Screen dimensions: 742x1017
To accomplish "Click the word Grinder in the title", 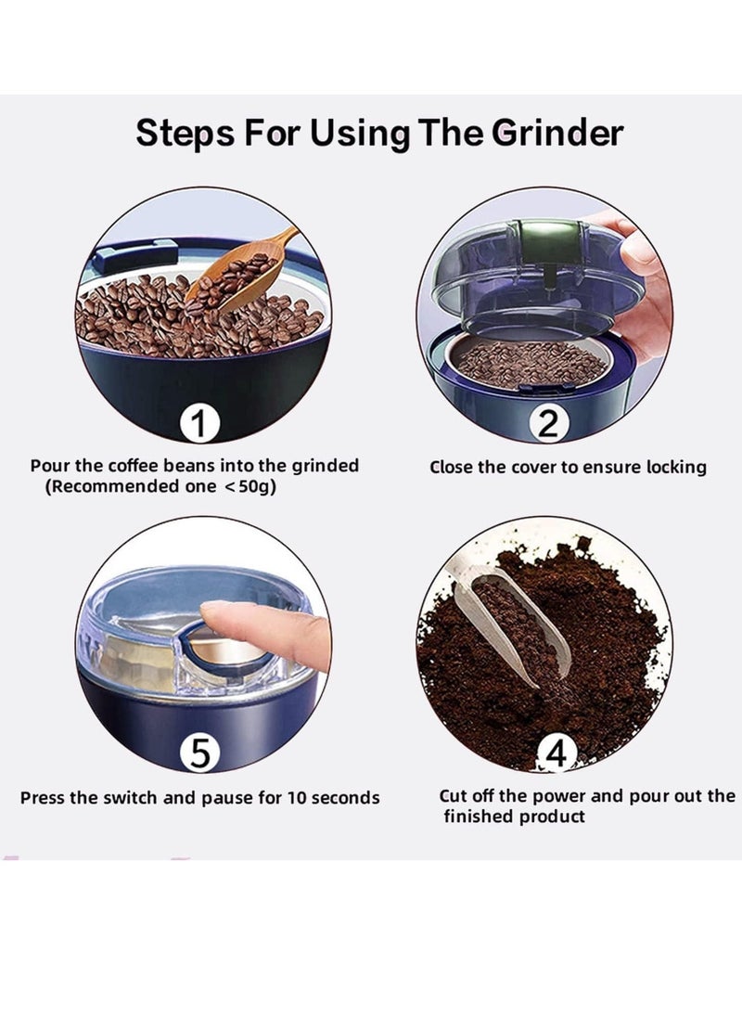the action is [556, 133].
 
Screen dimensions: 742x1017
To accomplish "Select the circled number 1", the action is [199, 423].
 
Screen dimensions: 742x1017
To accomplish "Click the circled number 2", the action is [549, 423].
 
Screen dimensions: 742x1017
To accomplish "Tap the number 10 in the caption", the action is [297, 797].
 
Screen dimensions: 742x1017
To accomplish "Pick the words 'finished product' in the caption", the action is [514, 816].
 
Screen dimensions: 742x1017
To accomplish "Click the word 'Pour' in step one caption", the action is [50, 466].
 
